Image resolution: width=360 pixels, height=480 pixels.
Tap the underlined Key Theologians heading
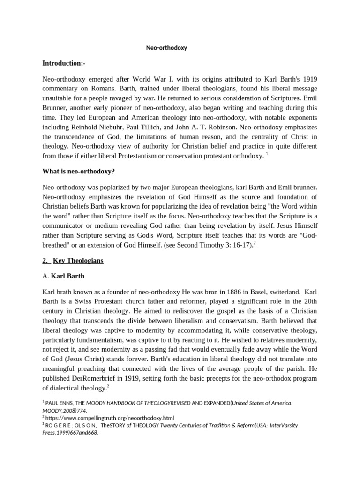click(x=78, y=261)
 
